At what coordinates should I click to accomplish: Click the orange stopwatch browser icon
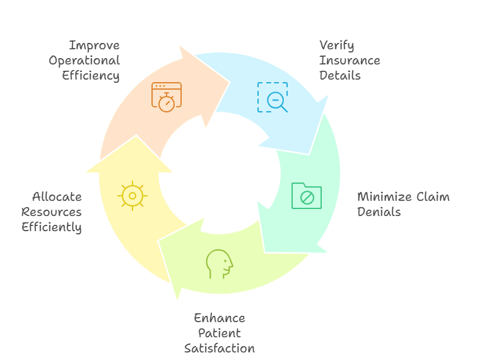[166, 97]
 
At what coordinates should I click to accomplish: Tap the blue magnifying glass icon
[273, 97]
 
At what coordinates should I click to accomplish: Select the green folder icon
[307, 196]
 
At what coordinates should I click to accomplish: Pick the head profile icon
[220, 264]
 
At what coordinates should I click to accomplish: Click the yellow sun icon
[132, 196]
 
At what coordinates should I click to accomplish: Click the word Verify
[336, 45]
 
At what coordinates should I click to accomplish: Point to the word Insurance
[350, 61]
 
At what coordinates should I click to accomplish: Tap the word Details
[339, 76]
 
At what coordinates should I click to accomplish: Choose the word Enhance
[220, 318]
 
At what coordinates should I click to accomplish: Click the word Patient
[220, 333]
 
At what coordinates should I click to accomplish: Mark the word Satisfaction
[220, 348]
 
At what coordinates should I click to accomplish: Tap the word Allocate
[57, 196]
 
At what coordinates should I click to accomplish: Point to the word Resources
[52, 212]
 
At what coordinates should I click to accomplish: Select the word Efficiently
[52, 227]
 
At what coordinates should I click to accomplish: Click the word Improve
[94, 45]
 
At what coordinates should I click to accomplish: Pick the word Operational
[84, 61]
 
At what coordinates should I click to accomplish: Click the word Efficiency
[91, 76]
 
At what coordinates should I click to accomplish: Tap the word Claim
[433, 196]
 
